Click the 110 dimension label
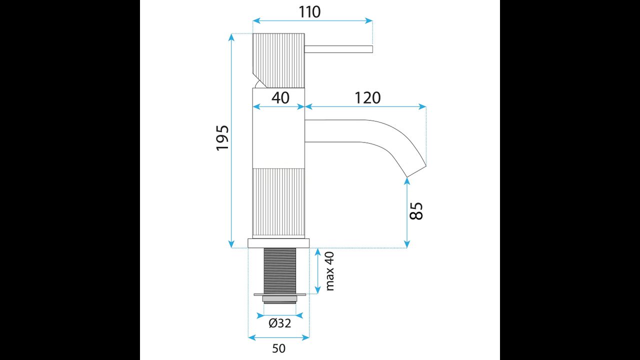[x=309, y=12]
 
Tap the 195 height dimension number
[x=222, y=137]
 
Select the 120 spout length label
[x=367, y=97]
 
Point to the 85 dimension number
[x=416, y=211]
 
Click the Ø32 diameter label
[x=280, y=323]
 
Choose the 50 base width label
[x=278, y=348]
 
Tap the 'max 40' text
[x=329, y=271]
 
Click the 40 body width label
[x=280, y=97]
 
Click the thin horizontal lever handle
[x=338, y=49]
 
